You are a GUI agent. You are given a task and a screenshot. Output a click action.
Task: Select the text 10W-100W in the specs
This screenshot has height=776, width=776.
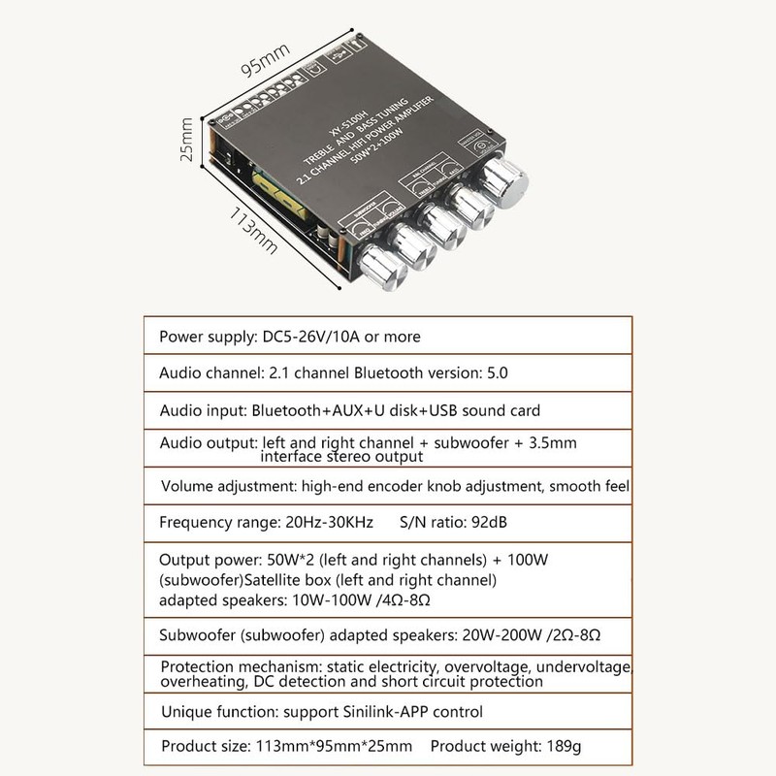327,599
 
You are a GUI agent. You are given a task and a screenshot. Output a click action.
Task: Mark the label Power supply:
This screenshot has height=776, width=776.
208,338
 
